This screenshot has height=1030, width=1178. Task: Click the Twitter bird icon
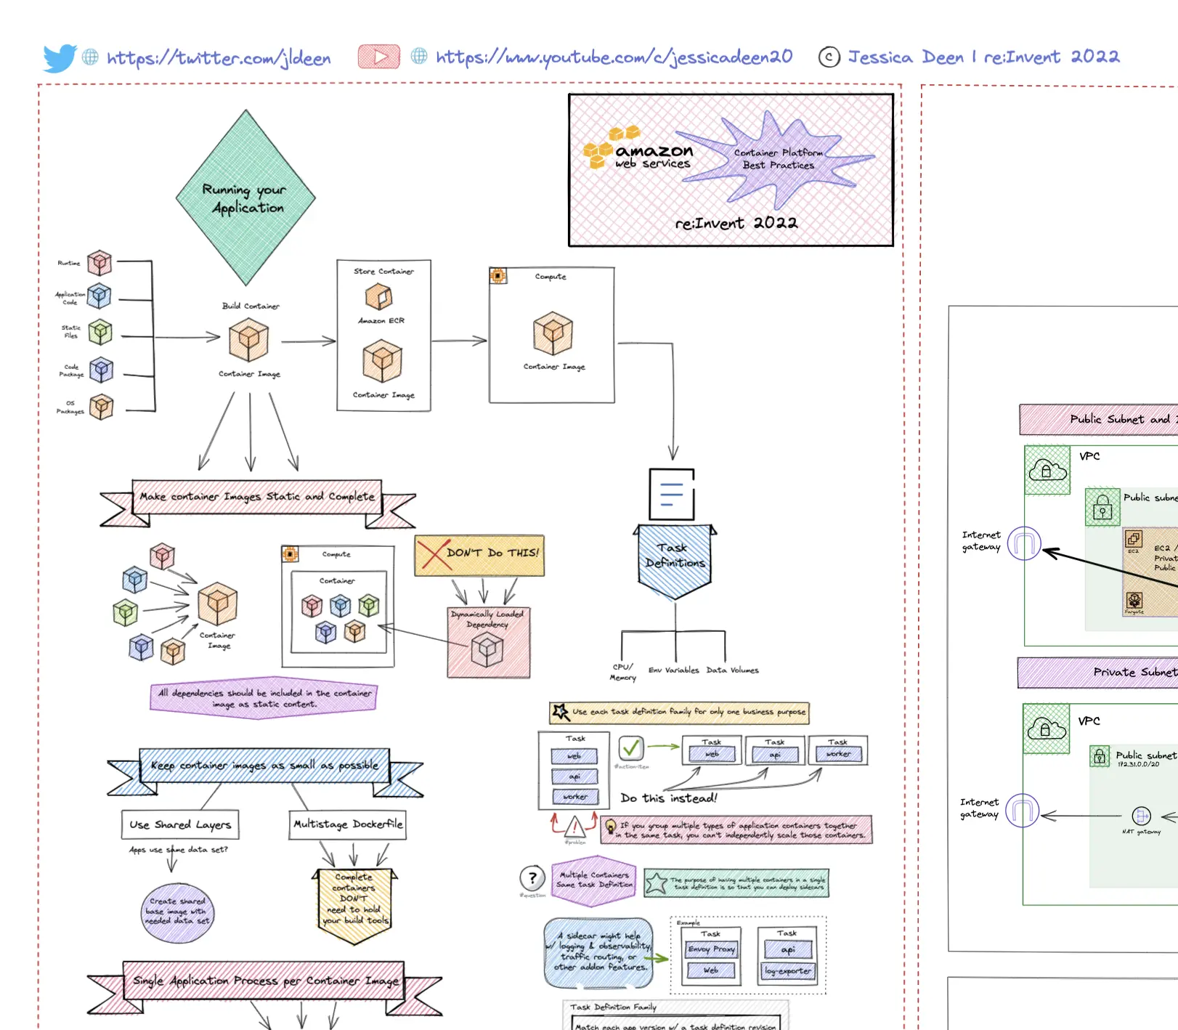click(60, 57)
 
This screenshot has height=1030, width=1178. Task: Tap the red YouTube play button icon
click(378, 57)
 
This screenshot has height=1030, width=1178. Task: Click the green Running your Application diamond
click(245, 198)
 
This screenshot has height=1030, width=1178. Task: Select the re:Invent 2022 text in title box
click(736, 223)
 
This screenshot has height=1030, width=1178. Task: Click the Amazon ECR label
click(381, 320)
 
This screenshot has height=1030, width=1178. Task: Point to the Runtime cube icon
click(99, 263)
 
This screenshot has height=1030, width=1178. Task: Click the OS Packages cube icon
click(101, 407)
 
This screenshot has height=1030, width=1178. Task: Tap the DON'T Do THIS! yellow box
click(479, 555)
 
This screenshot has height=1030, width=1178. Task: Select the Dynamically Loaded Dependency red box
click(488, 642)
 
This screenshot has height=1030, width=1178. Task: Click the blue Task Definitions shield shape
click(675, 560)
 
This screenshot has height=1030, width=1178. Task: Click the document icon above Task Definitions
click(671, 494)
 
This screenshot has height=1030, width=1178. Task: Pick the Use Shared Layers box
click(180, 824)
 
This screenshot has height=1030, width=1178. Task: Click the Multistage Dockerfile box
click(347, 824)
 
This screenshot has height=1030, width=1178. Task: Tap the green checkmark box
click(630, 747)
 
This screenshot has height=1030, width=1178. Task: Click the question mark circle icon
click(532, 878)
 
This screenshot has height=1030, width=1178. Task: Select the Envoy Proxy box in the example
click(711, 949)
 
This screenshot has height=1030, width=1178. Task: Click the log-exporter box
click(788, 970)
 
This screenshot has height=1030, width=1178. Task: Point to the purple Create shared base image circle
click(178, 911)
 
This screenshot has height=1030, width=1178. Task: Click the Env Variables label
click(673, 670)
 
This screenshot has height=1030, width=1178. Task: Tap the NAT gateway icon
click(1141, 816)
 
